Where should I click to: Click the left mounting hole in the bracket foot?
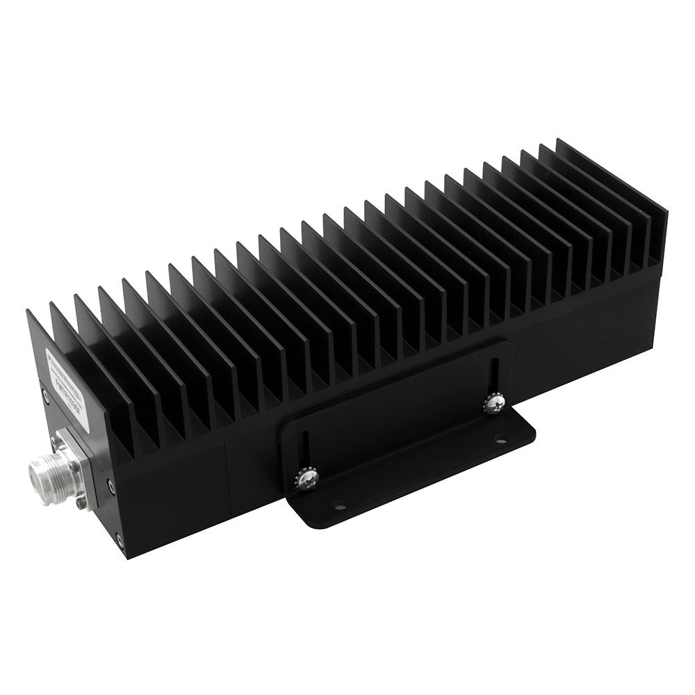339,507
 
